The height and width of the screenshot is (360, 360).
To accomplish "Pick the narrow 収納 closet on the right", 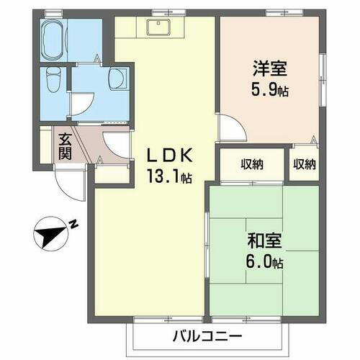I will [x=304, y=164].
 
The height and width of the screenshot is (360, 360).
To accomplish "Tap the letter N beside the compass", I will [x=74, y=224].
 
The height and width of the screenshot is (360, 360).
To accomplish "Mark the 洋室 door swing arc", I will [x=230, y=127].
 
